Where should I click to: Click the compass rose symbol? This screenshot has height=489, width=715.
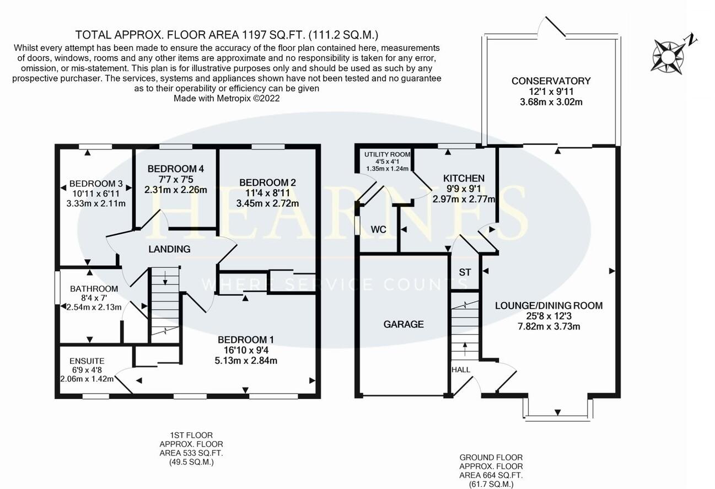tap(669, 55)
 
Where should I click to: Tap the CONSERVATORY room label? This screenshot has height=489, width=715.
tap(550, 81)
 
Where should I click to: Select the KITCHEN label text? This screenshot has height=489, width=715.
tap(464, 178)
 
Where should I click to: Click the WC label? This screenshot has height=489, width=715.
tap(378, 229)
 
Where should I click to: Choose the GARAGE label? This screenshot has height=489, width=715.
tap(404, 324)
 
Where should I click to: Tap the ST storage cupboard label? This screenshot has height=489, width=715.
tap(465, 272)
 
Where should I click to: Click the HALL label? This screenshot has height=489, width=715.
tap(461, 369)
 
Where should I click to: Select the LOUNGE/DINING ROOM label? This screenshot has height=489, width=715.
tap(548, 305)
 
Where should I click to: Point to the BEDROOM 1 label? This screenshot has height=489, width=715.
tap(246, 340)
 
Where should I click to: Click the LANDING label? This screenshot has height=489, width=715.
tap(169, 249)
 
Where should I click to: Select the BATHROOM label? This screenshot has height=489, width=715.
tap(94, 288)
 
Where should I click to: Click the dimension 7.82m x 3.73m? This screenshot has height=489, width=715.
tap(549, 326)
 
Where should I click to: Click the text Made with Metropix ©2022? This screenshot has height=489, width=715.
tap(227, 99)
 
